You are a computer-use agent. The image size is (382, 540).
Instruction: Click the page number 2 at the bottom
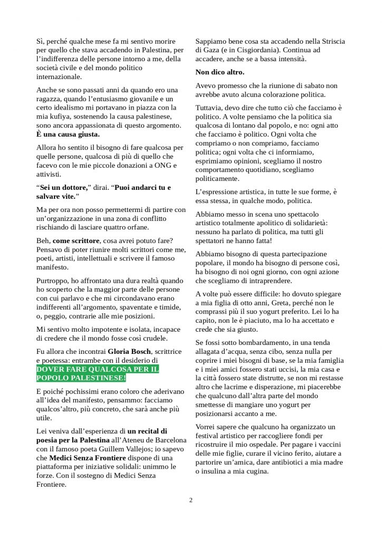tap(191, 500)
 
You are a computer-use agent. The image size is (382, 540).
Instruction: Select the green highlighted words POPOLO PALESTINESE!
tap(81, 379)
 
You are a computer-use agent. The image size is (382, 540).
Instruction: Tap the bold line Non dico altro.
tap(220, 72)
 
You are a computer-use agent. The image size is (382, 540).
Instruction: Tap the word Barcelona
tap(168, 439)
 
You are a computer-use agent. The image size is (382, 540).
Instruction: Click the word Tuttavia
tap(210, 108)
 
